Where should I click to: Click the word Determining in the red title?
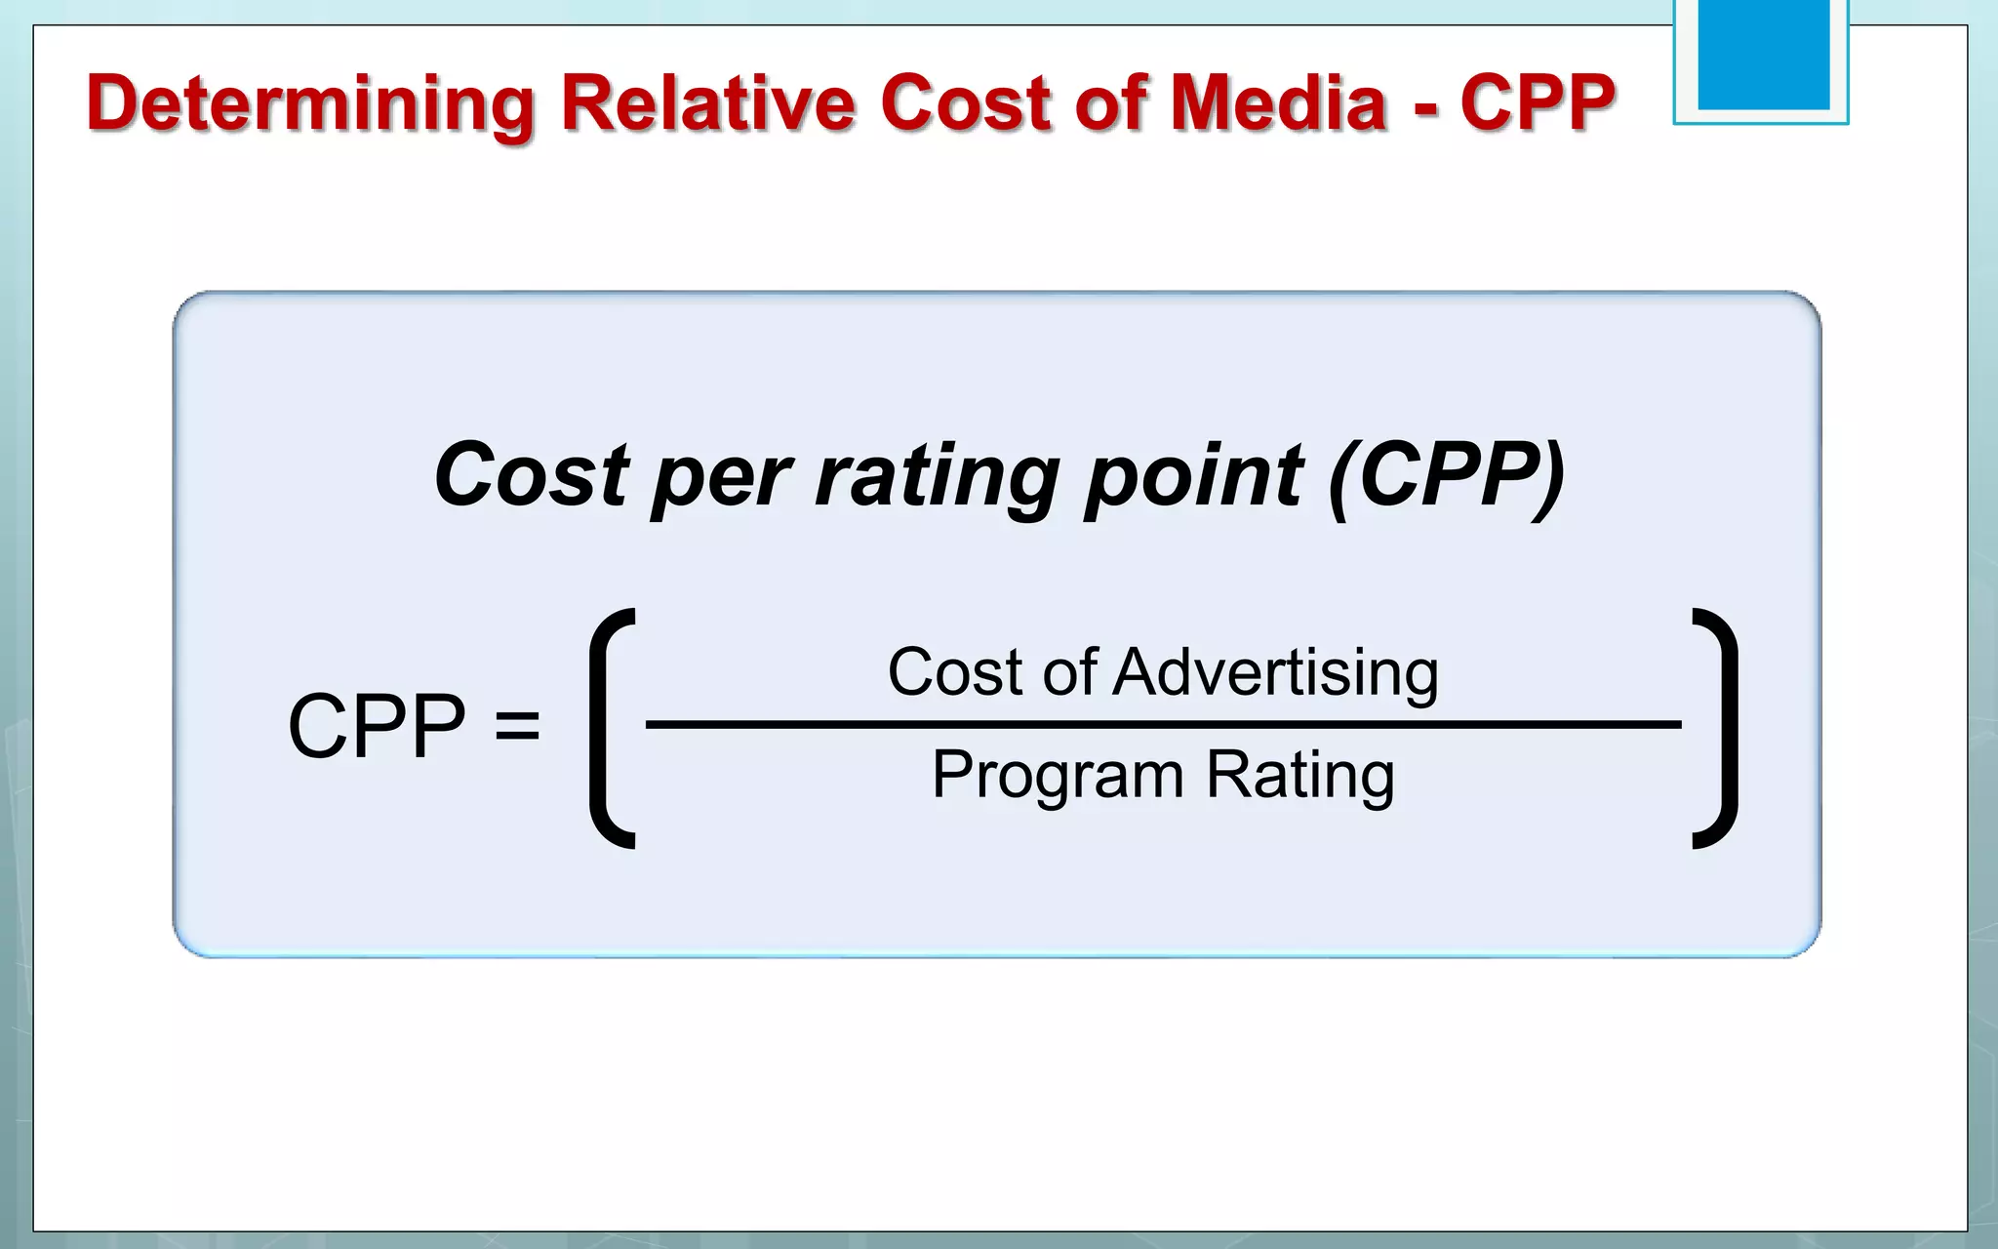310,103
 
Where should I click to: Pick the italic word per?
721,478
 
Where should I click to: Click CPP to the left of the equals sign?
377,726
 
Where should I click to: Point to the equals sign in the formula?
517,726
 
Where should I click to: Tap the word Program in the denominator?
1058,777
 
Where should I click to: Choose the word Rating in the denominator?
1300,777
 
